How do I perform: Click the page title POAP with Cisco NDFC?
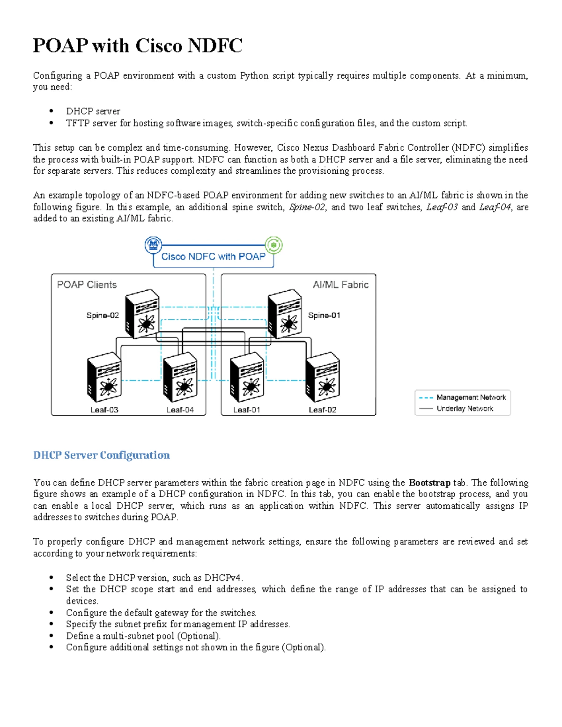pos(138,46)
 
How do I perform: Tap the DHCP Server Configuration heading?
pos(102,455)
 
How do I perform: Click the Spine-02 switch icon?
pos(142,314)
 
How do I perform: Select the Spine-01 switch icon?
pos(284,314)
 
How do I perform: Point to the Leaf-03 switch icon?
pos(104,377)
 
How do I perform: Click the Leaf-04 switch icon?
pos(180,377)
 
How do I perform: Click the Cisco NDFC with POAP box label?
pos(213,257)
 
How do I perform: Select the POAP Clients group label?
pos(87,285)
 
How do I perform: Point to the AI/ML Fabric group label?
pos(340,285)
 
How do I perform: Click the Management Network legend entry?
pos(471,397)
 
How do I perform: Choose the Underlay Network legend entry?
pos(465,409)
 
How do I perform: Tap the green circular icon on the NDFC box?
pos(274,245)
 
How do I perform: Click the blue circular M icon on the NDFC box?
pos(153,245)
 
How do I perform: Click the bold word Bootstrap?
pos(429,483)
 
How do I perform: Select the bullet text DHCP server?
pos(93,111)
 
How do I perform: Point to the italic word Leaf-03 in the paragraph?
pos(442,207)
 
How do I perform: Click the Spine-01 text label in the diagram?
pos(324,316)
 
